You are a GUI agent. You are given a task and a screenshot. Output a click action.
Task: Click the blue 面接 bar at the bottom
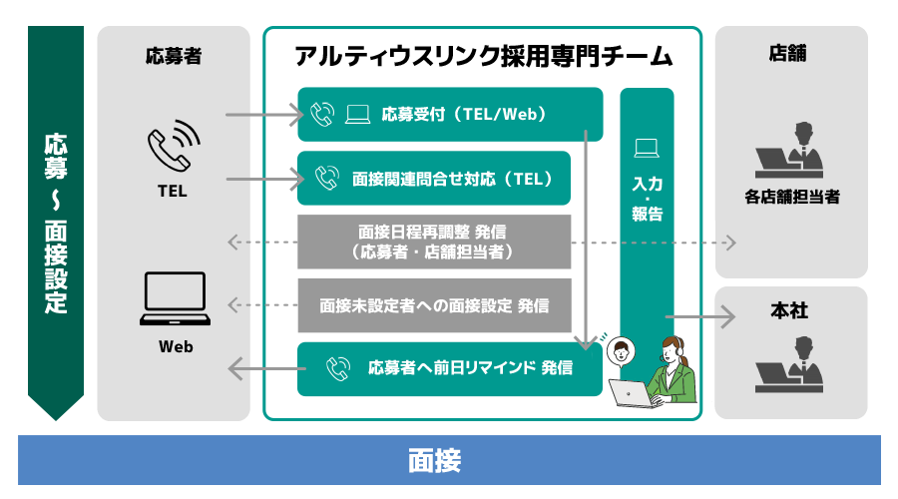[449, 461]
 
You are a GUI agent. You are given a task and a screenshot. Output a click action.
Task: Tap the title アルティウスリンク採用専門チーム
[484, 55]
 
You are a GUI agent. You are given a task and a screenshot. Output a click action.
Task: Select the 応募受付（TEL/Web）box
[450, 114]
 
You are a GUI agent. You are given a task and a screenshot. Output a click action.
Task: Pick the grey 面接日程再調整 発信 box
[434, 242]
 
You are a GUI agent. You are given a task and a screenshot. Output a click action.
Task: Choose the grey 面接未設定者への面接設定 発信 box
[434, 304]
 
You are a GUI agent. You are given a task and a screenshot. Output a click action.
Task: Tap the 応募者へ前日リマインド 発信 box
[450, 368]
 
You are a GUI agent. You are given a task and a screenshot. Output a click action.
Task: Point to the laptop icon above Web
[175, 298]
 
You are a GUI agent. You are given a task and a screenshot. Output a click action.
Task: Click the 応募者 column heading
[174, 56]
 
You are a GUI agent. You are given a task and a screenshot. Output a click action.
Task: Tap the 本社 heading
[789, 311]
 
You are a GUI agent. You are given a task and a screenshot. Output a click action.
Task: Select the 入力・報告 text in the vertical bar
[647, 199]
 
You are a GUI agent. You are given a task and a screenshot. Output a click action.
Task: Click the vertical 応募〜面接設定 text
[56, 222]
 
